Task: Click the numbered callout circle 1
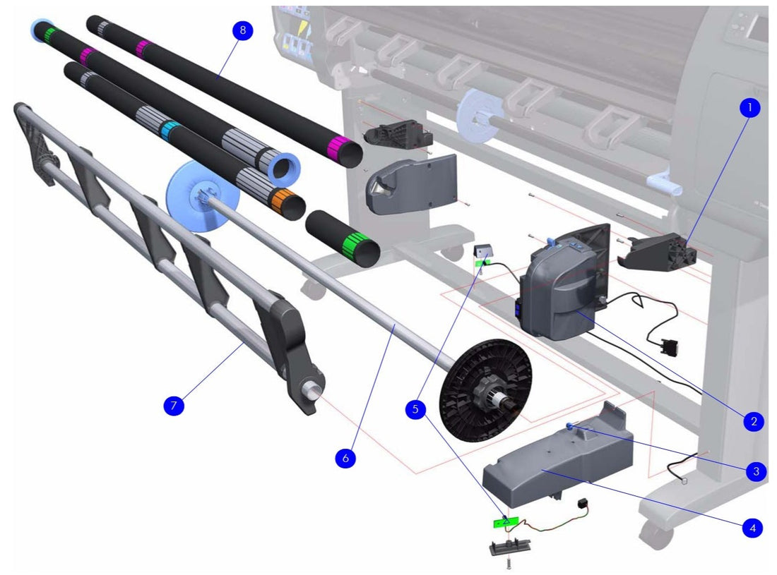pos(749,109)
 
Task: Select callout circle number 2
pos(754,421)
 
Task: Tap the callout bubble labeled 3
pos(756,471)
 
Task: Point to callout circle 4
pos(752,526)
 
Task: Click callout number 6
pos(345,457)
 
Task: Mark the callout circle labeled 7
pos(173,406)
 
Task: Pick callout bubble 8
pos(242,31)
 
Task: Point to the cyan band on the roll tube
pos(169,131)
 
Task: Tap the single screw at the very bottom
pos(507,562)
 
